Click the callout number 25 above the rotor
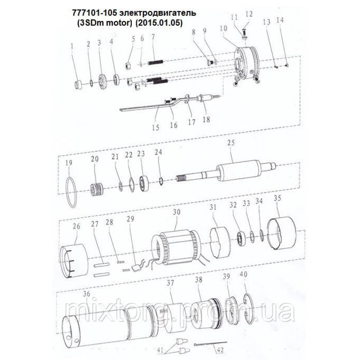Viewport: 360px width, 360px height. tap(231, 143)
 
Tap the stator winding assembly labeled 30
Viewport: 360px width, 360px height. tap(176, 249)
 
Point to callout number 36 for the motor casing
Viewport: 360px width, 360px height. tap(86, 294)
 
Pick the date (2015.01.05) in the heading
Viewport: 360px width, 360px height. tap(159, 23)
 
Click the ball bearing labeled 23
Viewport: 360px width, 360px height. tap(144, 184)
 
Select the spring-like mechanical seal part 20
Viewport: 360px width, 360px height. tap(96, 189)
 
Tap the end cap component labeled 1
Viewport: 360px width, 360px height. tap(79, 85)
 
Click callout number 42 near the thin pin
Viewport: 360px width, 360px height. tap(220, 350)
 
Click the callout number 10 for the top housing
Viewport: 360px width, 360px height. tap(224, 28)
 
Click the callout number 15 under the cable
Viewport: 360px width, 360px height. tap(156, 128)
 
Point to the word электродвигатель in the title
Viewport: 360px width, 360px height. tap(158, 13)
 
